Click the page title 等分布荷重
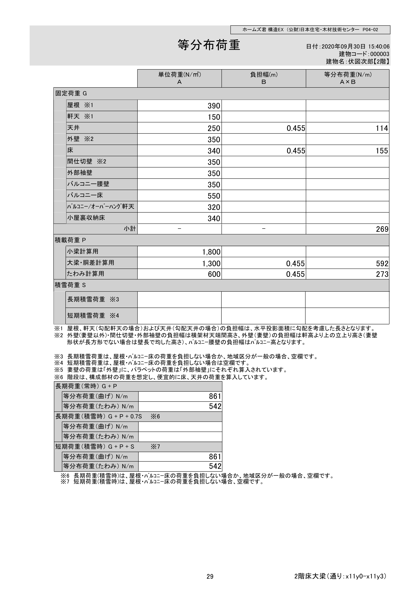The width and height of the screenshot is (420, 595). pyautogui.click(x=209, y=45)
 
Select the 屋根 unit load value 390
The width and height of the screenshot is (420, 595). pyautogui.click(x=214, y=106)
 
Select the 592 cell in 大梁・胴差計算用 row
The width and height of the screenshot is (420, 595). pyautogui.click(x=382, y=264)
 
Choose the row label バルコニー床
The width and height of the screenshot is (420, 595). pyautogui.click(x=85, y=195)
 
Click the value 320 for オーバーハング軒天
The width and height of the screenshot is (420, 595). pyautogui.click(x=214, y=207)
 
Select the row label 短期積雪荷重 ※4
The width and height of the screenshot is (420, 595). pyautogui.click(x=93, y=316)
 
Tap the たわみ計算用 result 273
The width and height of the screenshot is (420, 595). pyautogui.click(x=382, y=274)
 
